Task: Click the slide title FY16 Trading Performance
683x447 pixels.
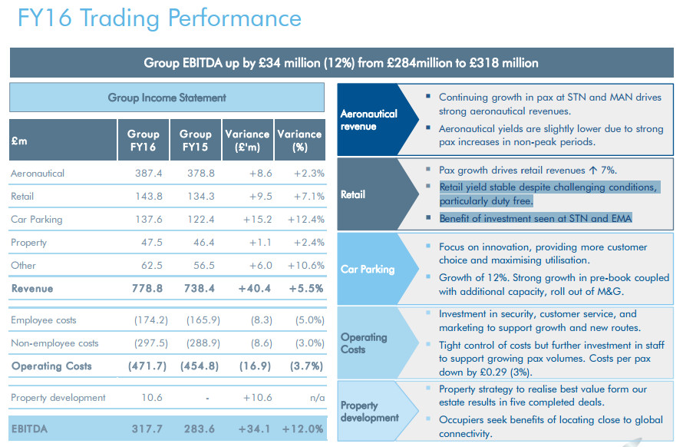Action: pos(160,18)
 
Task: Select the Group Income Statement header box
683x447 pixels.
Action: pos(167,98)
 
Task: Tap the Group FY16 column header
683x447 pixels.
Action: pos(144,140)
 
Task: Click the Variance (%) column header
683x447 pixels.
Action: pos(300,140)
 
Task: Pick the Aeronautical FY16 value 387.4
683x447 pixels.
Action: pos(147,174)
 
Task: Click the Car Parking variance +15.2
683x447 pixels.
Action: pos(254,220)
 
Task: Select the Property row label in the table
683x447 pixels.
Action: pos(28,243)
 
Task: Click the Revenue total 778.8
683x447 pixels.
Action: pos(146,289)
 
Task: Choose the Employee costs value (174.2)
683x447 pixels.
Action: pos(144,320)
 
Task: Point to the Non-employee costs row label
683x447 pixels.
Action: pos(54,343)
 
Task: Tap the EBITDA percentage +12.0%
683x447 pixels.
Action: pos(302,429)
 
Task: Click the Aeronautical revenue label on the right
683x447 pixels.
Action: pos(368,119)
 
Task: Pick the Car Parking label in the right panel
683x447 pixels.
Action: pos(368,270)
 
